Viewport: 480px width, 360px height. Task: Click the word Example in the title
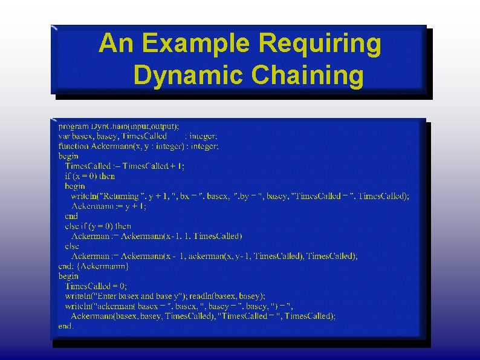coord(200,44)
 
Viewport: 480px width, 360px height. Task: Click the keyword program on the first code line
coord(73,126)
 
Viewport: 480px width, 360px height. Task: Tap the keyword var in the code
coord(64,137)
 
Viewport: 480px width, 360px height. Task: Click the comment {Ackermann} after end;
coord(102,266)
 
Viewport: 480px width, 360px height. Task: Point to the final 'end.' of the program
coord(66,326)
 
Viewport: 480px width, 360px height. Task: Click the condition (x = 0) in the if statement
coord(85,176)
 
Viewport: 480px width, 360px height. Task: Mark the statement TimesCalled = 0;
coord(96,286)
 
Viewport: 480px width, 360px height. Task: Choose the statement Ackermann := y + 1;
coord(109,206)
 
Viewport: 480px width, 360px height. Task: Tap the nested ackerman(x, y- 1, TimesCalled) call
coord(248,256)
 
